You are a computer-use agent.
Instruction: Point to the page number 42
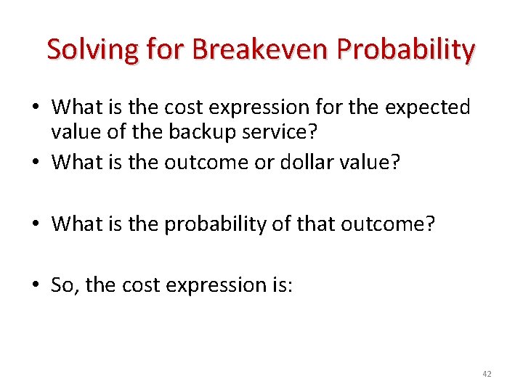click(x=487, y=374)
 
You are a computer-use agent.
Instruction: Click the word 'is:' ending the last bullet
click(x=280, y=285)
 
